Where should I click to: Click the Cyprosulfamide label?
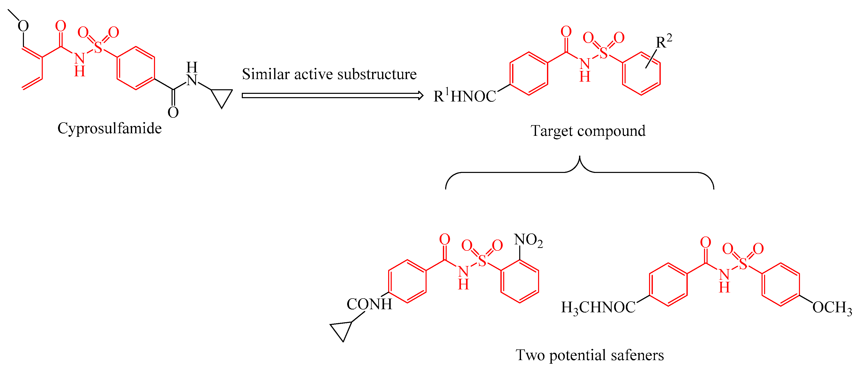coord(109,128)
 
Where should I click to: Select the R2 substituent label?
coord(664,42)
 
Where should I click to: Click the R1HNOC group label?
coord(465,96)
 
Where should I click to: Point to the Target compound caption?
coord(588,131)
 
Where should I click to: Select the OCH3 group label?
coord(832,307)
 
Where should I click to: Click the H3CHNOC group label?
coord(598,307)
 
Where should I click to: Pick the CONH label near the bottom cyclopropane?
coord(369,304)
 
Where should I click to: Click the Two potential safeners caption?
coord(589,355)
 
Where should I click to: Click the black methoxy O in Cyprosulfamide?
coord(23,26)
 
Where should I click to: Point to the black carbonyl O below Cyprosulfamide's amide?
coord(173,112)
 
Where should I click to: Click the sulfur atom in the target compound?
coord(603,53)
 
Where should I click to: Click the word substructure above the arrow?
coord(377,74)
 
